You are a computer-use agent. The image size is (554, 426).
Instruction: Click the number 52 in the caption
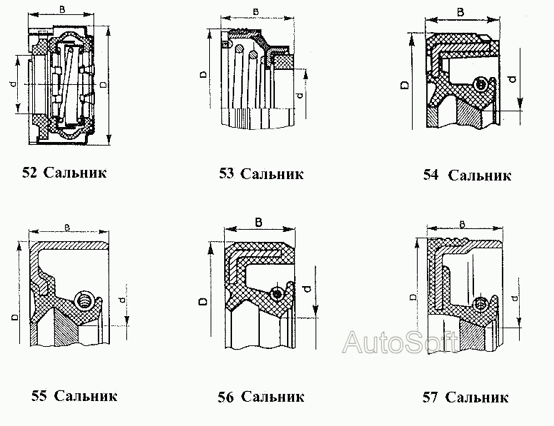[29, 172]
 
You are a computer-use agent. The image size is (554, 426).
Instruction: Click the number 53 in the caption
[226, 173]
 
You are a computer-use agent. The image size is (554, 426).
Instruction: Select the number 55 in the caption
[39, 395]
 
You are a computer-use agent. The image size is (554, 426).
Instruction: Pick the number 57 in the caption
[430, 397]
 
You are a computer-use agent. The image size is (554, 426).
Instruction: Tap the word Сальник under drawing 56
[273, 397]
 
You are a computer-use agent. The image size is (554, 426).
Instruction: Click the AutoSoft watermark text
[400, 343]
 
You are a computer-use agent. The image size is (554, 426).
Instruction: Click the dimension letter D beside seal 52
[107, 85]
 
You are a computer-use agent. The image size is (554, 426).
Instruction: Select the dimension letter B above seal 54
[461, 12]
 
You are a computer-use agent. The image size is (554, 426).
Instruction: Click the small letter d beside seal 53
[298, 93]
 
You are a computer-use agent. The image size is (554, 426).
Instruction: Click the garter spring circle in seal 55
[84, 300]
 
